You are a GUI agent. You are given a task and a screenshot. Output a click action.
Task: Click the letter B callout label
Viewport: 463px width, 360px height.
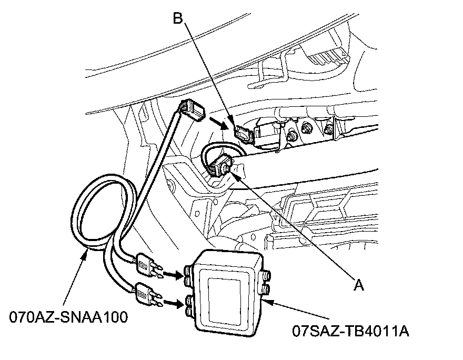point(178,19)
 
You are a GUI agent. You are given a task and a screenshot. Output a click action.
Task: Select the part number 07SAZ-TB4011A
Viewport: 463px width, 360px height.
point(351,332)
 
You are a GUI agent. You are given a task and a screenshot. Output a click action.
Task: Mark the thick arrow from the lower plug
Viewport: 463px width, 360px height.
point(173,302)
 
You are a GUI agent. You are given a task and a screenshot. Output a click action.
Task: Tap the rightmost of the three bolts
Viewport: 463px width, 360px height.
point(328,128)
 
